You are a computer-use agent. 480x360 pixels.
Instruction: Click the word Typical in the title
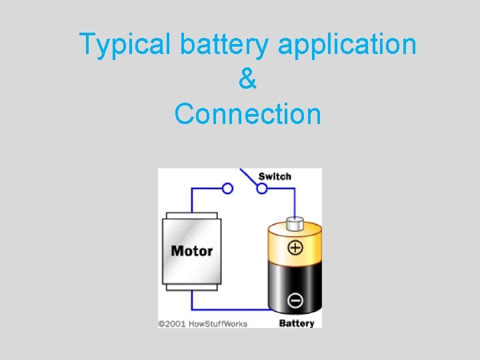tap(125, 45)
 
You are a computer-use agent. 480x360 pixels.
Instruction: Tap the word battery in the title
tap(223, 45)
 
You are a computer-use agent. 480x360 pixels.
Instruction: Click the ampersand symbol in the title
tap(247, 79)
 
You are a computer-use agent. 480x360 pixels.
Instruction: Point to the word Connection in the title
tap(247, 113)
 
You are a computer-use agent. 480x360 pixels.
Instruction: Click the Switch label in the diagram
tap(275, 177)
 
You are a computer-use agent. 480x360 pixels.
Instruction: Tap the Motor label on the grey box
tap(192, 251)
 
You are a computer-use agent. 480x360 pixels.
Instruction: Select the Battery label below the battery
tap(296, 323)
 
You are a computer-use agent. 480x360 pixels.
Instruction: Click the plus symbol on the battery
tap(295, 249)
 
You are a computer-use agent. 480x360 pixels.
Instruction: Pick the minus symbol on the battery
tap(295, 301)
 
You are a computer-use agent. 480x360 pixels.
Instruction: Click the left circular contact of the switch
tap(227, 189)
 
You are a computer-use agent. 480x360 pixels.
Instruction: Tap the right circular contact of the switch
tap(262, 189)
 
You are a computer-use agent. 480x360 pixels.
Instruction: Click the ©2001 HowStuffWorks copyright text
tap(203, 324)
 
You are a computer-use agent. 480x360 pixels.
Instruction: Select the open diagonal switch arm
tap(249, 176)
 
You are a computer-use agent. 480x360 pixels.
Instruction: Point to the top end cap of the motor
tap(192, 216)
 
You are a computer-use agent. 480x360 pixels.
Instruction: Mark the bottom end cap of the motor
tap(192, 286)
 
